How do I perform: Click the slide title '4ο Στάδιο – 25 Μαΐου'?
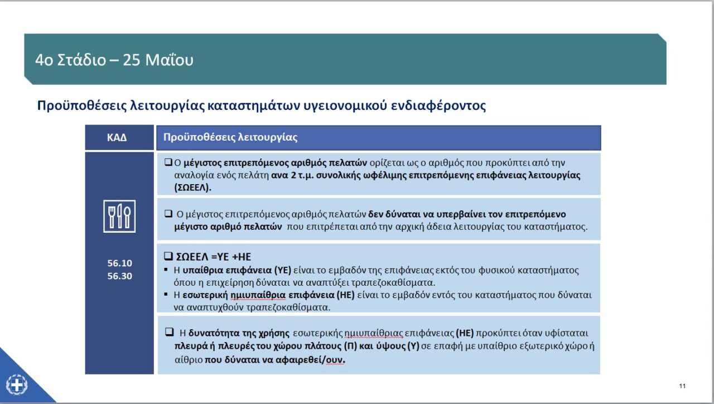pos(114,60)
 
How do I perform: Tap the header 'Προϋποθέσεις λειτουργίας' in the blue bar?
pos(230,137)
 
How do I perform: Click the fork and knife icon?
pos(119,216)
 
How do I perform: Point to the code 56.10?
pos(119,263)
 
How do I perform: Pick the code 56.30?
pos(119,276)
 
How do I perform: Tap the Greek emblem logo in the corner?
pos(16,384)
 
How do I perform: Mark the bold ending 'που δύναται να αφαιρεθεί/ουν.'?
pos(275,359)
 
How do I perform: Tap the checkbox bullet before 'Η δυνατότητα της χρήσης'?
pos(169,333)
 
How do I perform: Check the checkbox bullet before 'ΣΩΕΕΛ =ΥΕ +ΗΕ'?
pos(168,257)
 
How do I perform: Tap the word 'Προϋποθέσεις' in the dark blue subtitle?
pos(74,105)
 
